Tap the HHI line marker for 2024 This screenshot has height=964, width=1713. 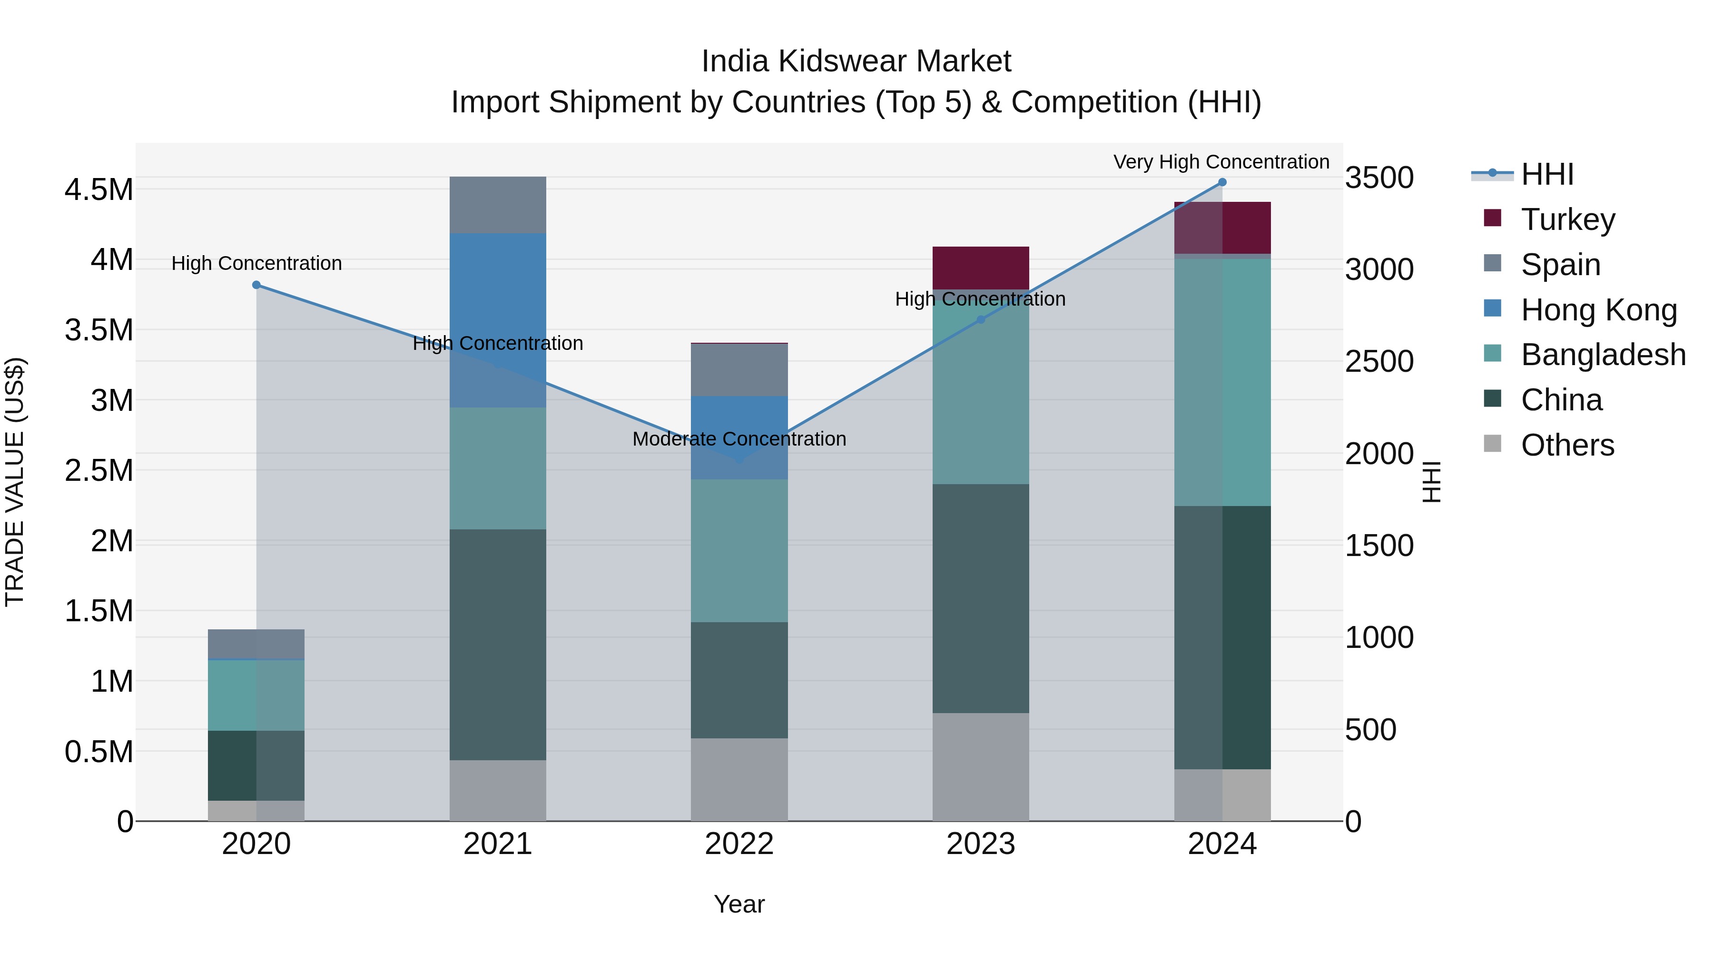pyautogui.click(x=1222, y=182)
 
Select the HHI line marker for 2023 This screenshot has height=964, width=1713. pyautogui.click(x=981, y=320)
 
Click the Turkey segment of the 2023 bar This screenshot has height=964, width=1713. pyautogui.click(x=981, y=268)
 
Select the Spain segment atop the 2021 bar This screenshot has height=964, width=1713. pyautogui.click(x=498, y=205)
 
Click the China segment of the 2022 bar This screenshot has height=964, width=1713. pyautogui.click(x=739, y=680)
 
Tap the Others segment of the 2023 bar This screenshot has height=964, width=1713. pyautogui.click(x=981, y=767)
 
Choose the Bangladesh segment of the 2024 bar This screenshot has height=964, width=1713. pyautogui.click(x=1222, y=383)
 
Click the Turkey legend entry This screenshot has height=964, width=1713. pyautogui.click(x=1567, y=219)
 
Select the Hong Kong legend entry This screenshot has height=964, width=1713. pyautogui.click(x=1599, y=310)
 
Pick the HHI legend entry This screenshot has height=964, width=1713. pyautogui.click(x=1547, y=174)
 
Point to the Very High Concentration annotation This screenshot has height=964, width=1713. pyautogui.click(x=1221, y=162)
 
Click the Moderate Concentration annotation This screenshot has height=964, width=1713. pyautogui.click(x=739, y=439)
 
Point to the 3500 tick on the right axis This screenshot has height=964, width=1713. pyautogui.click(x=1379, y=179)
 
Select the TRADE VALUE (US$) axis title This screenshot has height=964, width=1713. pyautogui.click(x=15, y=482)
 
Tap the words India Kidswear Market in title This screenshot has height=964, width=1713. pyautogui.click(x=856, y=61)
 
